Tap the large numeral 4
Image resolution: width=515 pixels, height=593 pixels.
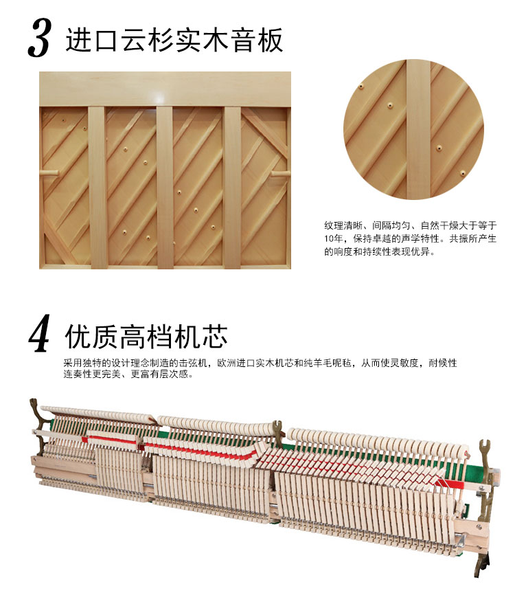coord(40,333)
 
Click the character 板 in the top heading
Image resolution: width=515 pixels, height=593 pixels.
coord(270,40)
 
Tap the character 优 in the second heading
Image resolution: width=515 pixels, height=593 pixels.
coord(78,336)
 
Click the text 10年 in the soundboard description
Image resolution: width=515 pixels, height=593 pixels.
coord(333,238)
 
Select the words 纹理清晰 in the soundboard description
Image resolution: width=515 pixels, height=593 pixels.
coord(343,226)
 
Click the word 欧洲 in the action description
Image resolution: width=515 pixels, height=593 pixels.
coord(227,363)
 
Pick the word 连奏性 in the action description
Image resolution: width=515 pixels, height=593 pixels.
coord(78,374)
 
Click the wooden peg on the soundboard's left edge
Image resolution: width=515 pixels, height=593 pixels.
coord(49,173)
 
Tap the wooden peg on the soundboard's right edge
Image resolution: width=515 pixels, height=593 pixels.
coord(281,174)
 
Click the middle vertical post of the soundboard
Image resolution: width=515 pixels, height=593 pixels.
coord(165,187)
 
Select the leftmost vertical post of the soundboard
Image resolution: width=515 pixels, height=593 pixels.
coord(98,187)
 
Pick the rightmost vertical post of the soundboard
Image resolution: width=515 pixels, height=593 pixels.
coord(232,187)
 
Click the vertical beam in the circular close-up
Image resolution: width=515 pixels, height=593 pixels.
coord(418,129)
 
